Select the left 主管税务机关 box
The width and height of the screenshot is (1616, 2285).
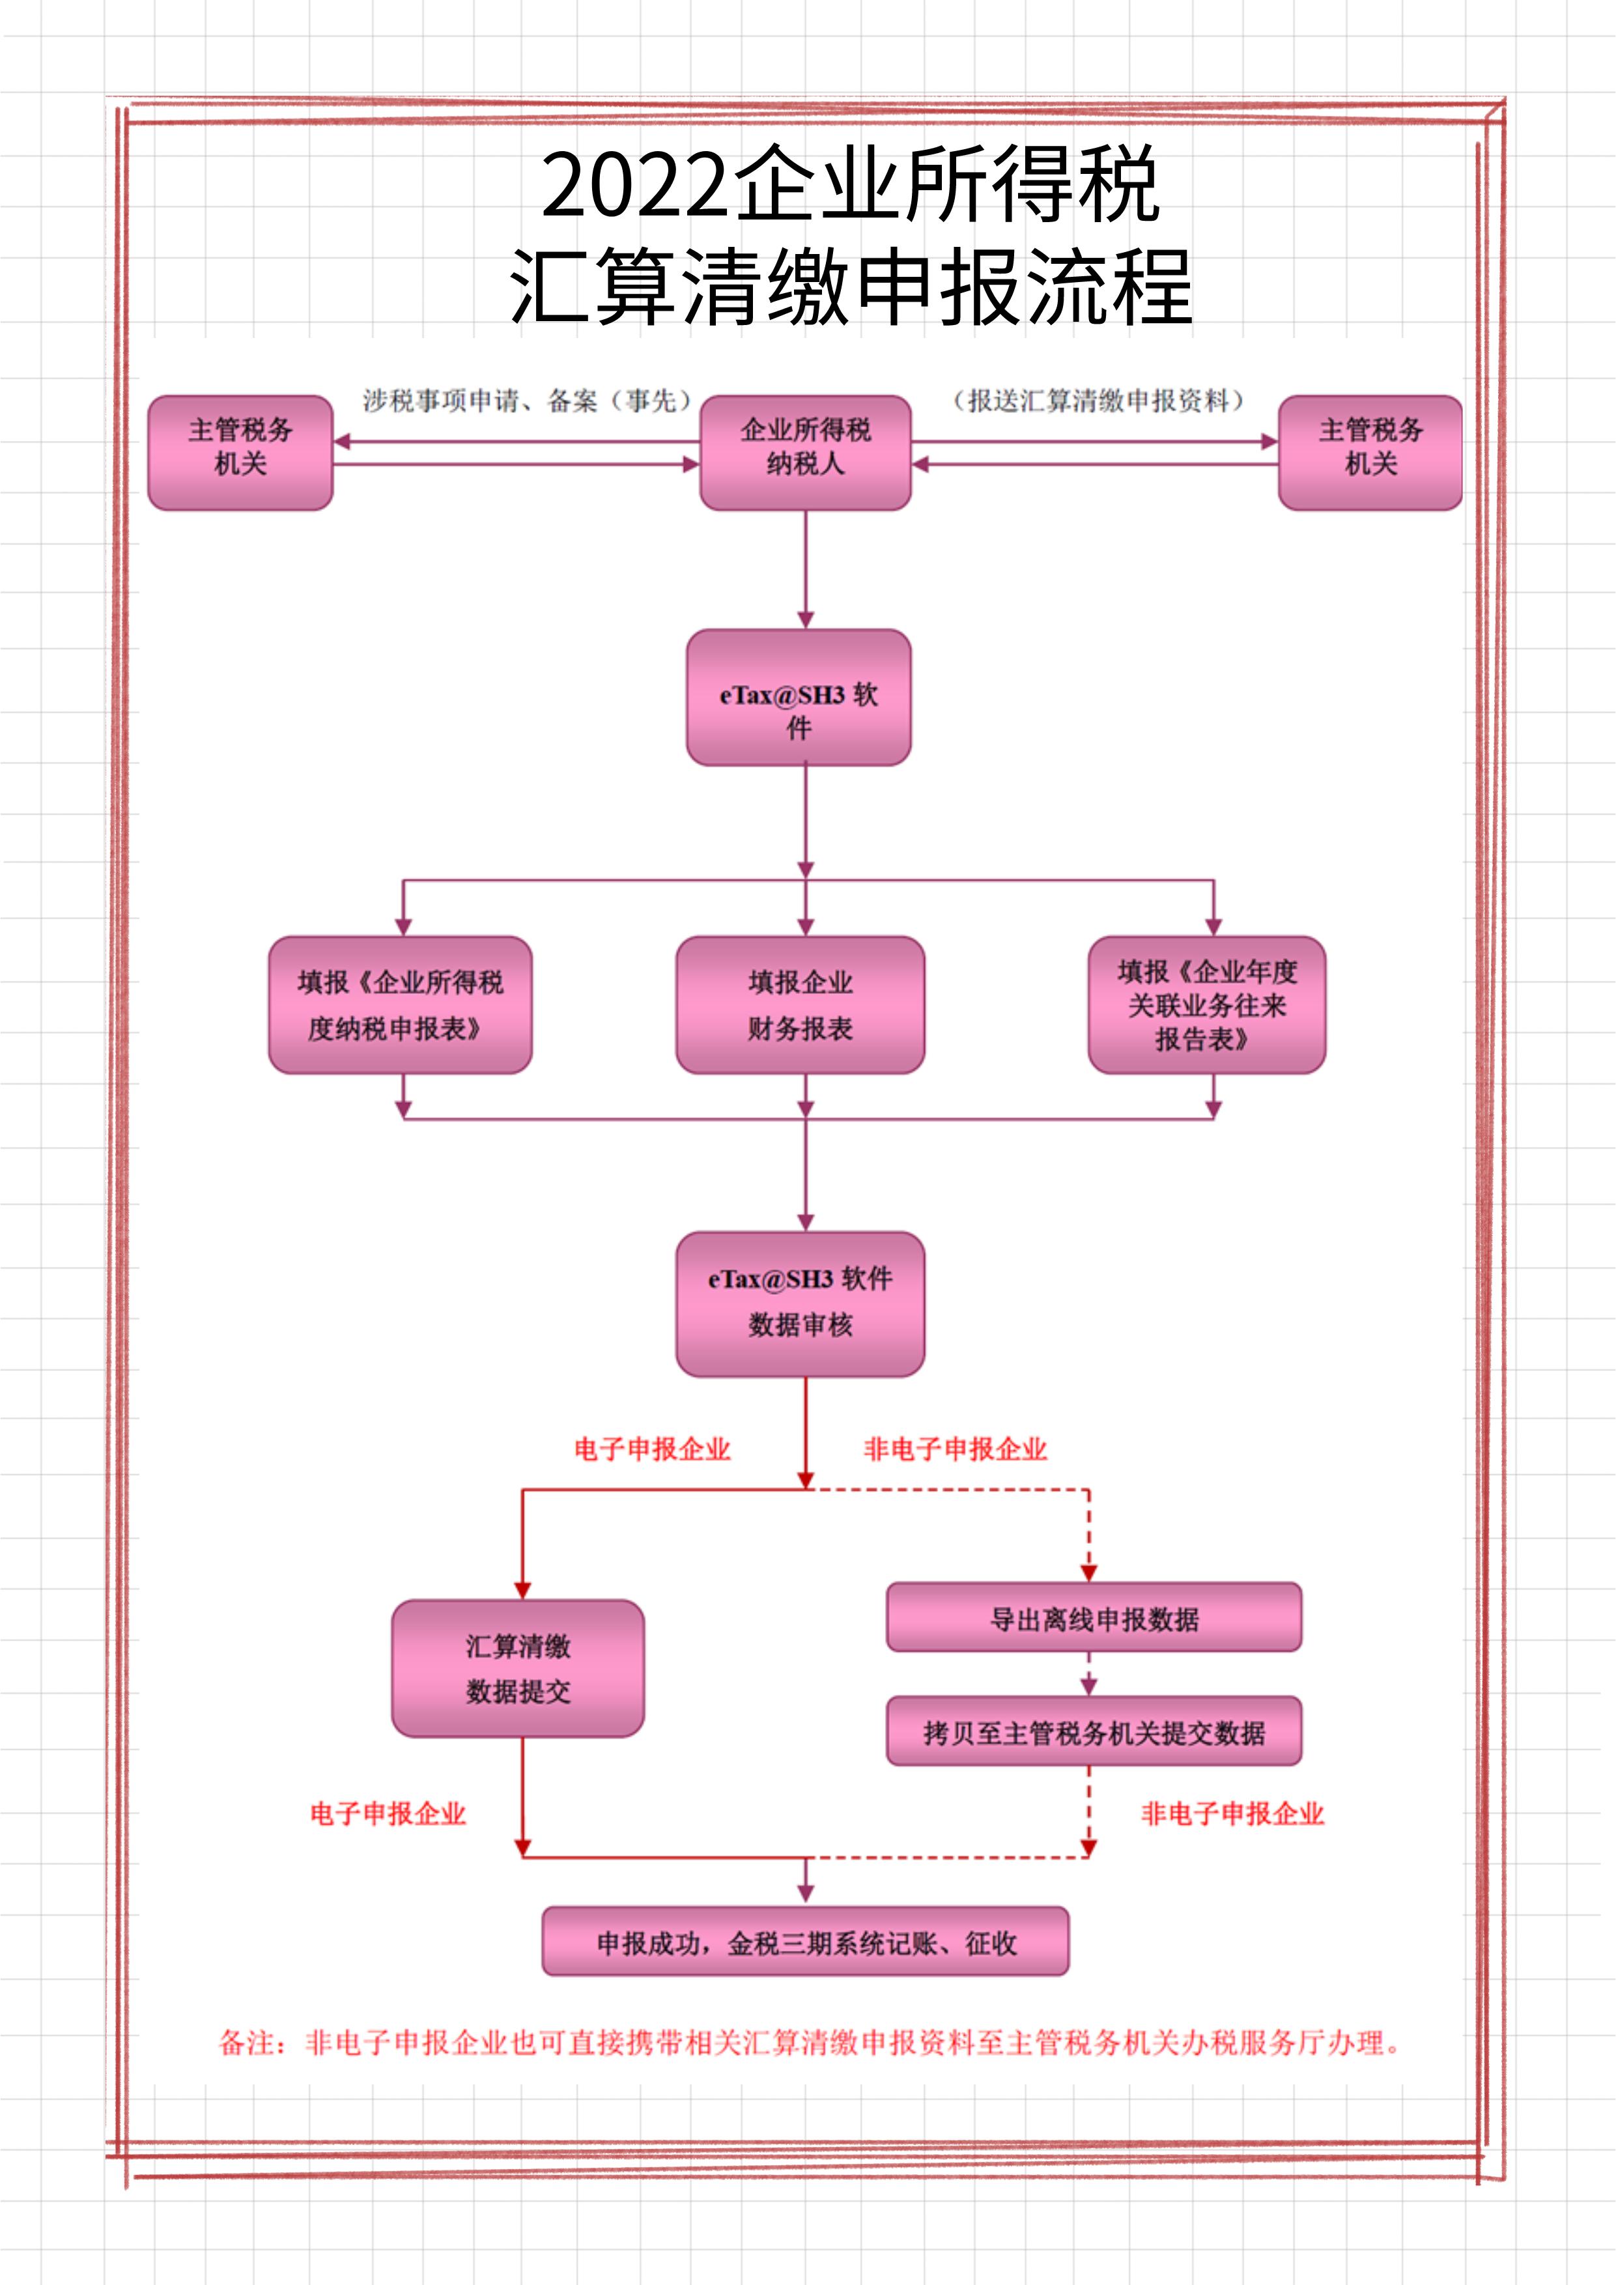[x=240, y=453]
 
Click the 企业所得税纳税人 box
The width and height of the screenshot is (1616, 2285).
[x=805, y=453]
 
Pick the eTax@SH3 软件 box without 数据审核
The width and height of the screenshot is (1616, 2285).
[x=798, y=697]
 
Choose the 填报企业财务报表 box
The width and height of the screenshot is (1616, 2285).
[x=800, y=1004]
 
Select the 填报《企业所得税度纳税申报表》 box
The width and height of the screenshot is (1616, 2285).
[x=400, y=1004]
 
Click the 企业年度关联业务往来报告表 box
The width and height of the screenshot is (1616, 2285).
[x=1206, y=1004]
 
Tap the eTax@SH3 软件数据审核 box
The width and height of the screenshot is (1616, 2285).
[x=800, y=1304]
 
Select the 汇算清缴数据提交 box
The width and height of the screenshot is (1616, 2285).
[x=517, y=1669]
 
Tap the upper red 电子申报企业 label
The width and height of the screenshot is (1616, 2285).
[x=652, y=1449]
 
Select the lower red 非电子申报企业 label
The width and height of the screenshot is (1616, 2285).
[x=1232, y=1813]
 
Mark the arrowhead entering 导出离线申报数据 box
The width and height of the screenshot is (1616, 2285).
[x=1088, y=1572]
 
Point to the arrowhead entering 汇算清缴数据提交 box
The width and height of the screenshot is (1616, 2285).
[x=522, y=1591]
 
